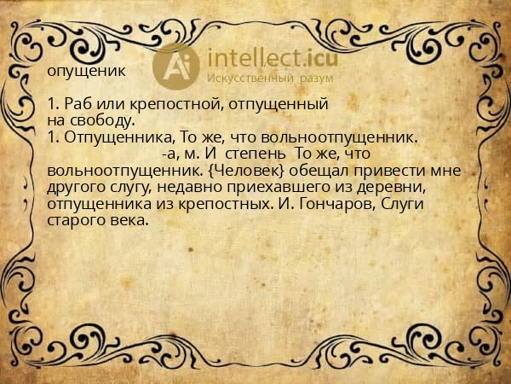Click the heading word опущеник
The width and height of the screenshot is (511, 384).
88,72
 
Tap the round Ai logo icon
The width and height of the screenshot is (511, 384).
175,65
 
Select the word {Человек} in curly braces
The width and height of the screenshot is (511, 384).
242,170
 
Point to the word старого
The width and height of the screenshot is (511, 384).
78,218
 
